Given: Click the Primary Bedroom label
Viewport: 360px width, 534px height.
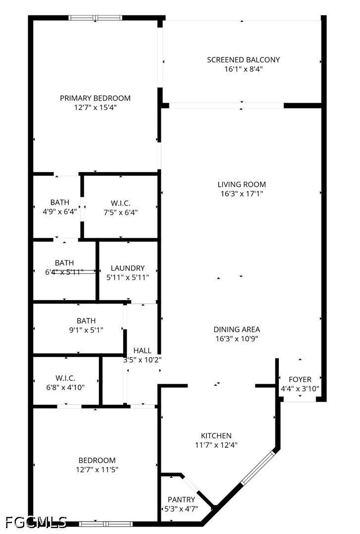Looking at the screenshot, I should [x=95, y=98].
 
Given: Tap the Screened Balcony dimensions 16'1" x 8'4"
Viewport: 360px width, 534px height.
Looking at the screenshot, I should [x=243, y=69].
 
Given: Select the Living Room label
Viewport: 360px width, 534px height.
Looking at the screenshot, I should [x=242, y=184].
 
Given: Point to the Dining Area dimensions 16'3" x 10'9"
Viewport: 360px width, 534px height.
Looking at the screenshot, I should [x=236, y=339].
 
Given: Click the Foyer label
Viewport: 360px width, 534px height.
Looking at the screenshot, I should [x=300, y=379].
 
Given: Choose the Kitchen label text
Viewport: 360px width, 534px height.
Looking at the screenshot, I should [x=216, y=435].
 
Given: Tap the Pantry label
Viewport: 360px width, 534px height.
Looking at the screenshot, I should [x=181, y=499].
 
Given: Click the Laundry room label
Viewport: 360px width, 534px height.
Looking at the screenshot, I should [x=128, y=268].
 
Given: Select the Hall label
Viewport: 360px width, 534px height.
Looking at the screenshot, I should [x=143, y=350].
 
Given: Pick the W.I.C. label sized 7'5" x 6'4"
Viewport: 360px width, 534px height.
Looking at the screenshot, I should [x=120, y=202].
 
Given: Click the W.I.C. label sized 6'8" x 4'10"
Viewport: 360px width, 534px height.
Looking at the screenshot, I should [x=66, y=377].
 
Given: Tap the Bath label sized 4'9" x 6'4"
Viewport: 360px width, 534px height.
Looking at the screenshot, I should [x=59, y=202].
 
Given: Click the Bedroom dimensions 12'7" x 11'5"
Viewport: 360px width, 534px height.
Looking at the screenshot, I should [x=97, y=470].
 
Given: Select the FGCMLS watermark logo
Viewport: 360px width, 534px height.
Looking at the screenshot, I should [x=36, y=522].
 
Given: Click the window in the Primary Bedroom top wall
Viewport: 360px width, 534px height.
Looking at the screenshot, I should [x=95, y=18].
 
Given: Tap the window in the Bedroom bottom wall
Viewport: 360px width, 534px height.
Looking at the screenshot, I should [x=105, y=523].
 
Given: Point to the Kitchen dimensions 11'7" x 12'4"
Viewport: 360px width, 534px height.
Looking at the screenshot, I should [x=216, y=445].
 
